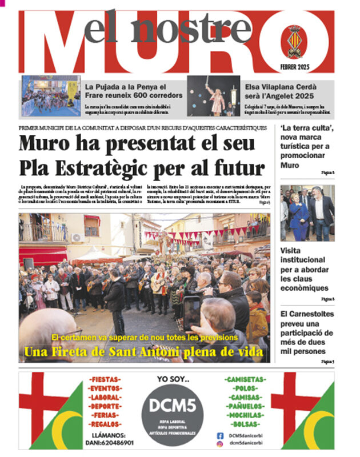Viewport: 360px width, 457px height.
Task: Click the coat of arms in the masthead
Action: tap(294, 42)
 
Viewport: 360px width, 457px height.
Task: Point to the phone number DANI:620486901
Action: tap(105, 442)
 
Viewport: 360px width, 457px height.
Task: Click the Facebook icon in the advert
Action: tap(220, 436)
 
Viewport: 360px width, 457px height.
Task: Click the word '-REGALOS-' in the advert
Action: tap(105, 424)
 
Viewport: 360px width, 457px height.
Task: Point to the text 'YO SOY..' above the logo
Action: tap(173, 379)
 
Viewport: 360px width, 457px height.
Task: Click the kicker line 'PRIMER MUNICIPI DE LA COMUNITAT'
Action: tap(142, 128)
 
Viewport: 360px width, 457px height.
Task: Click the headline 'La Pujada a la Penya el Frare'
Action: tap(134, 90)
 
